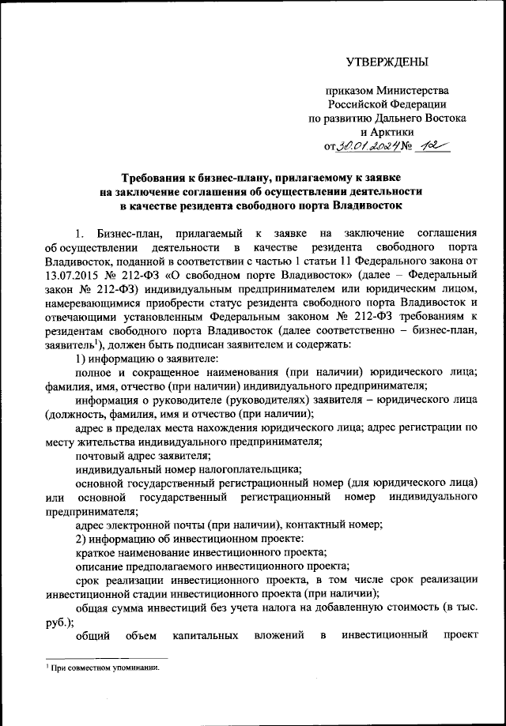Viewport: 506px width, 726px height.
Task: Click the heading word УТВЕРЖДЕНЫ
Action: [x=387, y=62]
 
